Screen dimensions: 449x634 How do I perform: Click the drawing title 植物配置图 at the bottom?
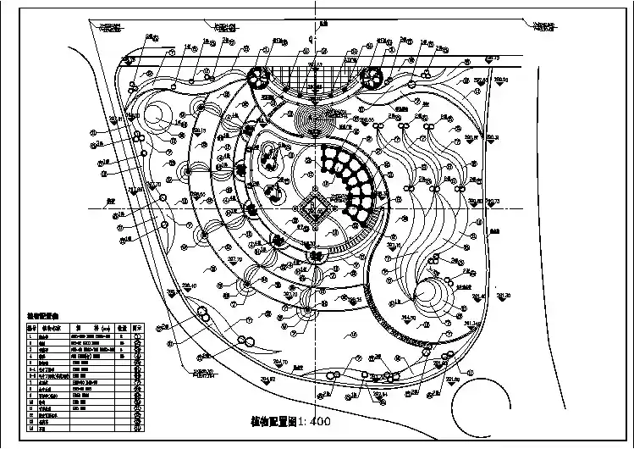point(276,421)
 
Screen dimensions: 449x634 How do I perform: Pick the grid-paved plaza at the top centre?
point(315,81)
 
